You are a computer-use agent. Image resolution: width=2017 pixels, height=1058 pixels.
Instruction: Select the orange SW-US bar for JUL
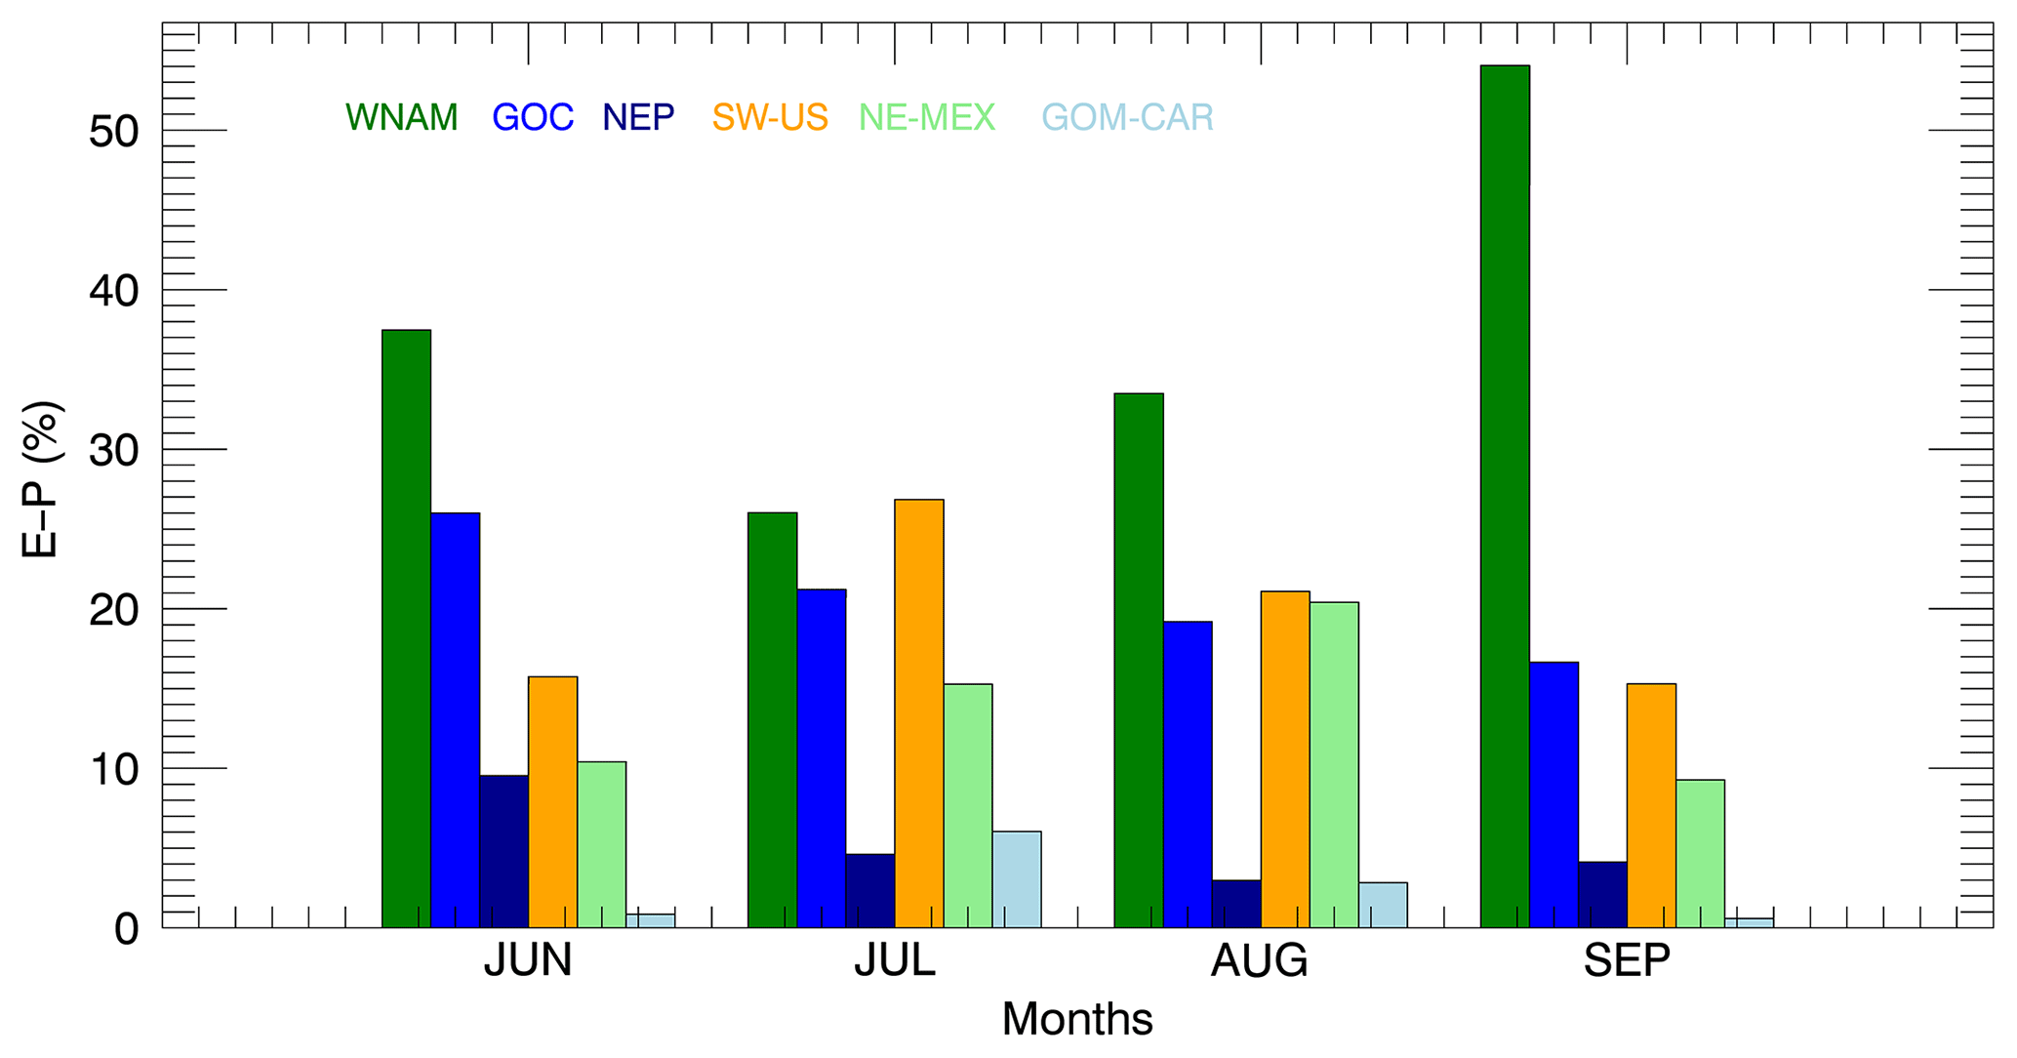[x=918, y=712]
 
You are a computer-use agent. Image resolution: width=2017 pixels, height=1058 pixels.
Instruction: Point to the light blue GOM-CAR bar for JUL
[x=1016, y=878]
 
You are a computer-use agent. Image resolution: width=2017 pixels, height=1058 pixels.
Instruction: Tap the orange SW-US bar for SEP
[x=1650, y=805]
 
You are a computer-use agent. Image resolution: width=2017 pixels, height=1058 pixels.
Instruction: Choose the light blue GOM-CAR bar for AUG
[x=1382, y=905]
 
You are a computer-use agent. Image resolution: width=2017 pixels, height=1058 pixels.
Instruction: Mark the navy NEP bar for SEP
[x=1601, y=894]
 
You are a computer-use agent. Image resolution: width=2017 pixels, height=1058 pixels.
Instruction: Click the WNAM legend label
[x=401, y=118]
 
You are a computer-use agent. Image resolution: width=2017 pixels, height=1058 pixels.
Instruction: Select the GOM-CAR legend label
[x=1127, y=118]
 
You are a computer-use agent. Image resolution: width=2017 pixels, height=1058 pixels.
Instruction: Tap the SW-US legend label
[x=769, y=118]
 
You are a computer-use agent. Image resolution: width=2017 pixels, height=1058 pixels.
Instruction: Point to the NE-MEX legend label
[x=926, y=118]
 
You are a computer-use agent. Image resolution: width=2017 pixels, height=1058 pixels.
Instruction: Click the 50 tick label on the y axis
[x=116, y=132]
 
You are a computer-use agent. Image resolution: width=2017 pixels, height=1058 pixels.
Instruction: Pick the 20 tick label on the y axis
[x=116, y=610]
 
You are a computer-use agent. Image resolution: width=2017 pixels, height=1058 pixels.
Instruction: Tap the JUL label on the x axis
[x=894, y=961]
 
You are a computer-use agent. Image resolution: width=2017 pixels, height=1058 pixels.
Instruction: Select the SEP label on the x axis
[x=1626, y=961]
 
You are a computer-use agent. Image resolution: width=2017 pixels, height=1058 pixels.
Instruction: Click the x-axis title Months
[x=1076, y=1020]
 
